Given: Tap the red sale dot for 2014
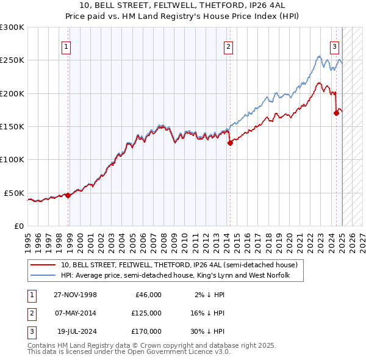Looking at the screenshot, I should (x=230, y=143).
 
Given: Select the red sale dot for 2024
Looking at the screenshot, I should (x=336, y=113).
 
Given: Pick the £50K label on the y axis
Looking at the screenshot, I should (x=15, y=193).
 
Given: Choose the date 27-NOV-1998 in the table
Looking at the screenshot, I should (x=75, y=295).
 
